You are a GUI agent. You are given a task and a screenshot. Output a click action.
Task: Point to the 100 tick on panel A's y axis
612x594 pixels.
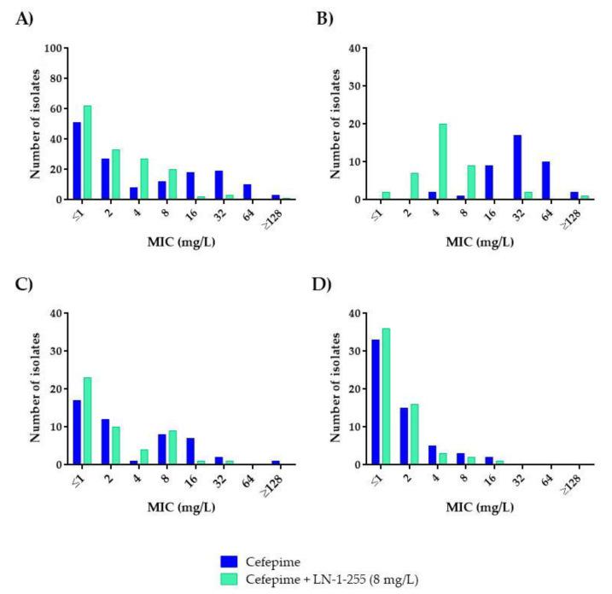pyautogui.click(x=55, y=49)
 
